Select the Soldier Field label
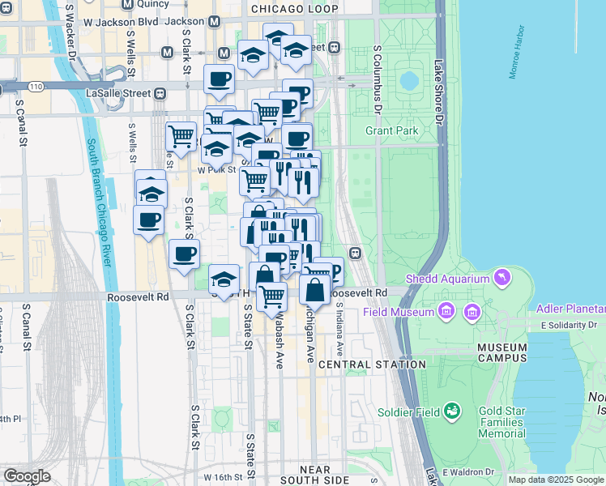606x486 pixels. coord(409,412)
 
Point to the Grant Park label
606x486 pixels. coord(391,130)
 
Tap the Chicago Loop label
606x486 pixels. coord(294,9)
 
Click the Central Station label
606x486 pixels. coord(372,364)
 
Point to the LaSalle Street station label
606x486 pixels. coord(118,93)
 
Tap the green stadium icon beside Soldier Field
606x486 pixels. coord(452,412)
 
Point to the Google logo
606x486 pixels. coord(28,476)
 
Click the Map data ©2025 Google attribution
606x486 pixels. coord(557,480)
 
